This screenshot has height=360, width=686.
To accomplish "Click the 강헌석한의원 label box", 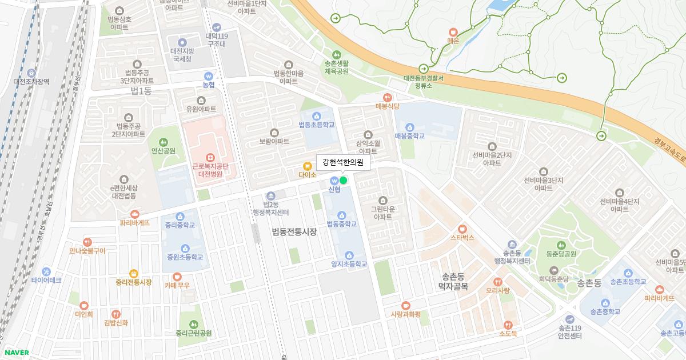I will pos(343,162).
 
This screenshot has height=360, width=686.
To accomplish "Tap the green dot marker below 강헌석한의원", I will pos(343,181).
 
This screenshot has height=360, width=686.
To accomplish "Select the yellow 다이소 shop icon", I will pos(307,166).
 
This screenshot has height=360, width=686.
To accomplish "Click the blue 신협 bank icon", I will pos(334,181).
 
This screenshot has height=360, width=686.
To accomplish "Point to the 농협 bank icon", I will pos(209,75).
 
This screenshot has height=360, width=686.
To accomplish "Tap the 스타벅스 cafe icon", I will pos(462,229).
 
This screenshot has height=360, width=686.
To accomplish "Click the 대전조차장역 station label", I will pos(31,81).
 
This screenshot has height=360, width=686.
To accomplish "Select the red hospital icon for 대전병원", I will pos(210,157).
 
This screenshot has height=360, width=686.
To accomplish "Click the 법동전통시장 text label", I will pos(294,231).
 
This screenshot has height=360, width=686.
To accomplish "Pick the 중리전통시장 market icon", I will pos(134,273).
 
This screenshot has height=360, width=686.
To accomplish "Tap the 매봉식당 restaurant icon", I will pos(388,97).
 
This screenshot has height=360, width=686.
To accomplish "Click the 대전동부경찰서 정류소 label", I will pos(424,82).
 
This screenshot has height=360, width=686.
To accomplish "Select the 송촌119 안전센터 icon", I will pos(569,319).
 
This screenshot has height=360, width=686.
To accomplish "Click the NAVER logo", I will pos(15,353).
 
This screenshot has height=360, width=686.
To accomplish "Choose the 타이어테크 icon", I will pos(46,271).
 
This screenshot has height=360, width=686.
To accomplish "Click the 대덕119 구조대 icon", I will pos(217,27).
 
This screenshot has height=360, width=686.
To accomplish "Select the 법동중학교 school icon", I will pos(341,215).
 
